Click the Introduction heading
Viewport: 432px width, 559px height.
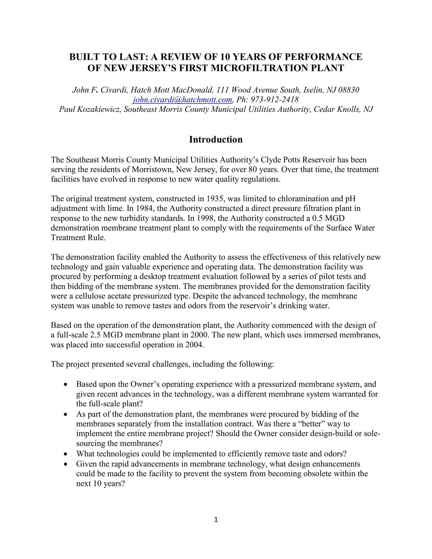tap(216, 139)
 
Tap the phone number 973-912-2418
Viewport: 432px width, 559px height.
tap(275, 100)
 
